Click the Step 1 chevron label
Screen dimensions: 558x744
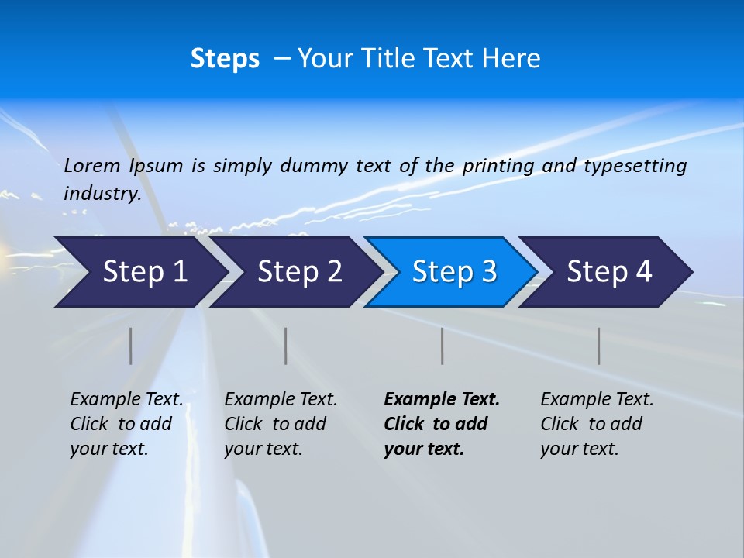pyautogui.click(x=145, y=271)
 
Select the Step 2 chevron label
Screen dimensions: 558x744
pyautogui.click(x=300, y=271)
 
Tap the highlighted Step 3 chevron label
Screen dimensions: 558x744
pyautogui.click(x=454, y=271)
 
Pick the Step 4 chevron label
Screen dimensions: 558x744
pyautogui.click(x=609, y=271)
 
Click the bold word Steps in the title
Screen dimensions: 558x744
pyautogui.click(x=225, y=59)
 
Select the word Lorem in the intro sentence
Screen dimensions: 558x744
pyautogui.click(x=92, y=165)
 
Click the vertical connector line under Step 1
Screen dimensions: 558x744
pyautogui.click(x=131, y=346)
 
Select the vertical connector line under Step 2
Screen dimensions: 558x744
pyautogui.click(x=286, y=346)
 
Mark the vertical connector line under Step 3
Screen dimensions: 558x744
pyautogui.click(x=442, y=346)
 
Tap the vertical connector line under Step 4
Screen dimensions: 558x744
pyautogui.click(x=598, y=346)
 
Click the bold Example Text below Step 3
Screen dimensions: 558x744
pyautogui.click(x=442, y=399)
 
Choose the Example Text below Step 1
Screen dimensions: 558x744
pyautogui.click(x=126, y=399)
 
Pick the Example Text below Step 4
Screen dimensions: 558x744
pyautogui.click(x=597, y=399)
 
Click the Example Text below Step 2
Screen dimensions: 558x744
pyautogui.click(x=281, y=399)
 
